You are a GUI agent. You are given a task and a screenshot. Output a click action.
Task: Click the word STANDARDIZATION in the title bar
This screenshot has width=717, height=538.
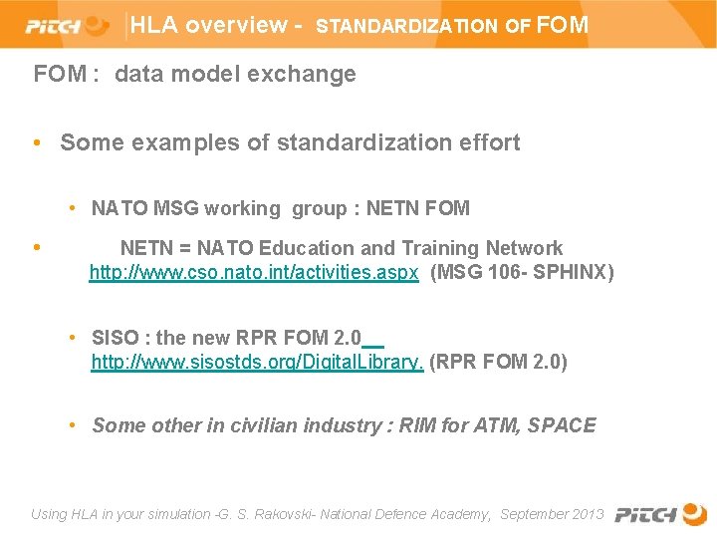(406, 27)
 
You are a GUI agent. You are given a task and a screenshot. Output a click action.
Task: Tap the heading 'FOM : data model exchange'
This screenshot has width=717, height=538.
(194, 74)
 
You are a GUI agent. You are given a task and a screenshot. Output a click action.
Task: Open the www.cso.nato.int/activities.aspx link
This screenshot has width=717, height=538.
(254, 272)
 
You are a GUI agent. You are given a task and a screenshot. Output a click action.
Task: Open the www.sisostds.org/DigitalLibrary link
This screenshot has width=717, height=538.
(257, 362)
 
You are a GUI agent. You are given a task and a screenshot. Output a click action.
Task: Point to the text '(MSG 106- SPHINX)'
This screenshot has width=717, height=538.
(522, 272)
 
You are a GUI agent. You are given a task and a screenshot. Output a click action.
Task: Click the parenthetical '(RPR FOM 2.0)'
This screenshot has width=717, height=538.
(498, 362)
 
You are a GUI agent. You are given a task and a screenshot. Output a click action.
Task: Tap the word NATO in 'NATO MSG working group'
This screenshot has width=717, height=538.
(119, 208)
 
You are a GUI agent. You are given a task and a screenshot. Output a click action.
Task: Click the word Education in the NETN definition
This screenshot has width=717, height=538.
(306, 248)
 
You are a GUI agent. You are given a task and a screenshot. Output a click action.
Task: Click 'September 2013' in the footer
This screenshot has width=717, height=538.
(552, 514)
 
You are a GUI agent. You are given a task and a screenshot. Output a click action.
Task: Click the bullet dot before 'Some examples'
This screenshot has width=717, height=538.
(37, 142)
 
